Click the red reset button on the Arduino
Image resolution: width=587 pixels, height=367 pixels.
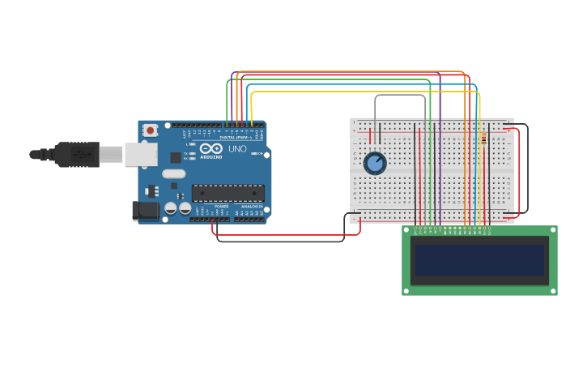click(150, 130)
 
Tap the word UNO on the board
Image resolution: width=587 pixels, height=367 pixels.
click(237, 149)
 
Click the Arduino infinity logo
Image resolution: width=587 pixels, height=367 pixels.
click(211, 149)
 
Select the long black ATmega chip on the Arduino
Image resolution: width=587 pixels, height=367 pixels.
click(228, 193)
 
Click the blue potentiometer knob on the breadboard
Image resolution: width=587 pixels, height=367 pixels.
click(375, 163)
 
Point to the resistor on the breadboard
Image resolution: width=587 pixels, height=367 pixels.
click(484, 139)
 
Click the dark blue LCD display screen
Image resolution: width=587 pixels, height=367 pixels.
click(479, 260)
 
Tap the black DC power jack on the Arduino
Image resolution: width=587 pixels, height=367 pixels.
click(145, 211)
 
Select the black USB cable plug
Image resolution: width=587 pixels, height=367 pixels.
click(77, 154)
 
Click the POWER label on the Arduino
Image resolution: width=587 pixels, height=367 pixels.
click(221, 207)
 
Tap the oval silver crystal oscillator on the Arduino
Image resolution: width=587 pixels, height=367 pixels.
click(173, 173)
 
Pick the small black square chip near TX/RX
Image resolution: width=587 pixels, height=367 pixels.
click(176, 157)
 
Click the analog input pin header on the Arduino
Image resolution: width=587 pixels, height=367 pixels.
click(249, 219)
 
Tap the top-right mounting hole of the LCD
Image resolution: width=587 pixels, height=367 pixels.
click(552, 230)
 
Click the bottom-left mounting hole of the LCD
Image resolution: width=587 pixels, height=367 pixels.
click(407, 290)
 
